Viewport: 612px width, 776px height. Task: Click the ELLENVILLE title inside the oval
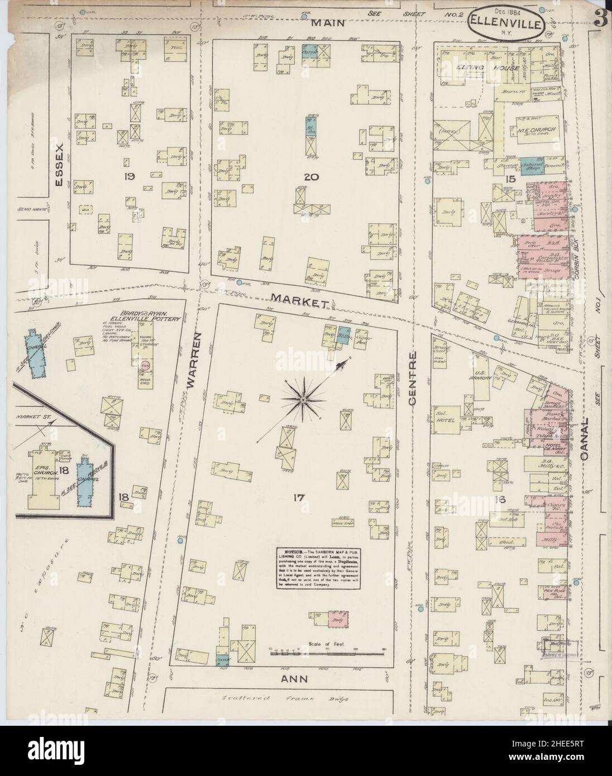(508, 23)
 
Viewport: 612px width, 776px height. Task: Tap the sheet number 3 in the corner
(600, 20)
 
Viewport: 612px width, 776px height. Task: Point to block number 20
(306, 177)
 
